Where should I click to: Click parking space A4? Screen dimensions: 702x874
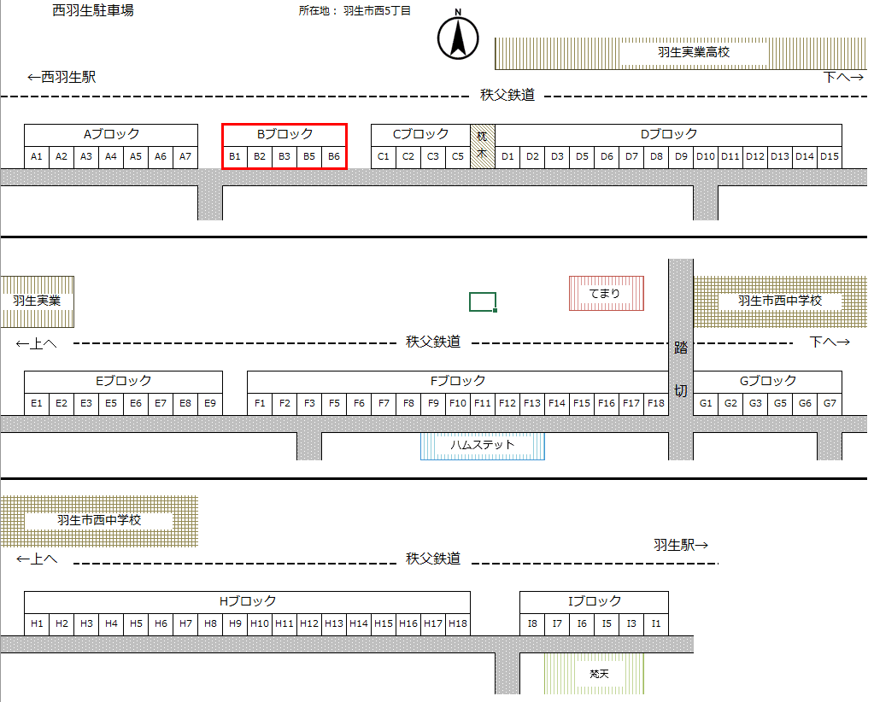(x=111, y=156)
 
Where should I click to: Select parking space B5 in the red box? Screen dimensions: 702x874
(x=309, y=156)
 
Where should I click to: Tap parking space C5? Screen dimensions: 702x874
(x=458, y=156)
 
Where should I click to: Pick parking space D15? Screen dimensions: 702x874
(x=830, y=156)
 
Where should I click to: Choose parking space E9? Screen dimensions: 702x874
(x=210, y=402)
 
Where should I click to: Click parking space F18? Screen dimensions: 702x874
(x=656, y=402)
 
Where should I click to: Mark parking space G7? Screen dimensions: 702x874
(x=830, y=402)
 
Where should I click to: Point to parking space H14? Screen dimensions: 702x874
(x=359, y=623)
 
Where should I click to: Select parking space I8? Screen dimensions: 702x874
(x=532, y=623)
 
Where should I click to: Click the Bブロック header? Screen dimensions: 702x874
(x=284, y=134)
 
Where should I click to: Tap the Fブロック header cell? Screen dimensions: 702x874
(x=458, y=381)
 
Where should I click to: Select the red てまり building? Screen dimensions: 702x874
(x=606, y=294)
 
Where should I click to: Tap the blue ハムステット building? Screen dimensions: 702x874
(x=483, y=445)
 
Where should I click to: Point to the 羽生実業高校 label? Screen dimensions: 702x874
(x=694, y=52)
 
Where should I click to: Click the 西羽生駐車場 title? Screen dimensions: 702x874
(x=92, y=11)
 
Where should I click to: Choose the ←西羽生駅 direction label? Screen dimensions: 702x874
(x=61, y=77)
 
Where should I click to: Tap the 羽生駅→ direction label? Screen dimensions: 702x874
(x=681, y=545)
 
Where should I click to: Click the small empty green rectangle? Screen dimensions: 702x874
(x=483, y=301)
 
